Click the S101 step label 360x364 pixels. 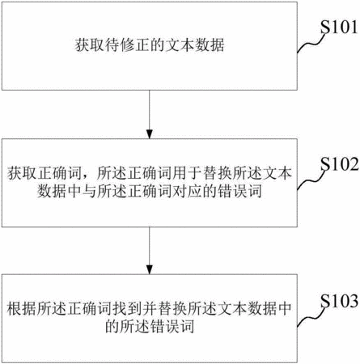click(x=339, y=27)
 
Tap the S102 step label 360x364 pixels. click(x=340, y=164)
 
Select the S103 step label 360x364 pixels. click(x=340, y=301)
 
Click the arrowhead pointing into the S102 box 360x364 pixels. click(x=150, y=134)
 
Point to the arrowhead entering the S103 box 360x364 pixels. click(x=150, y=269)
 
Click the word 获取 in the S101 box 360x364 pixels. click(x=89, y=45)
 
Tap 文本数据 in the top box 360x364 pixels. click(x=194, y=45)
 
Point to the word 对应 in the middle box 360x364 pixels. click(x=187, y=191)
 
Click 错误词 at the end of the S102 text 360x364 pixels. click(x=239, y=191)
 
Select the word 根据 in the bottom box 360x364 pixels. click(x=22, y=308)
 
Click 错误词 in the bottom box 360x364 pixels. click(x=172, y=327)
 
